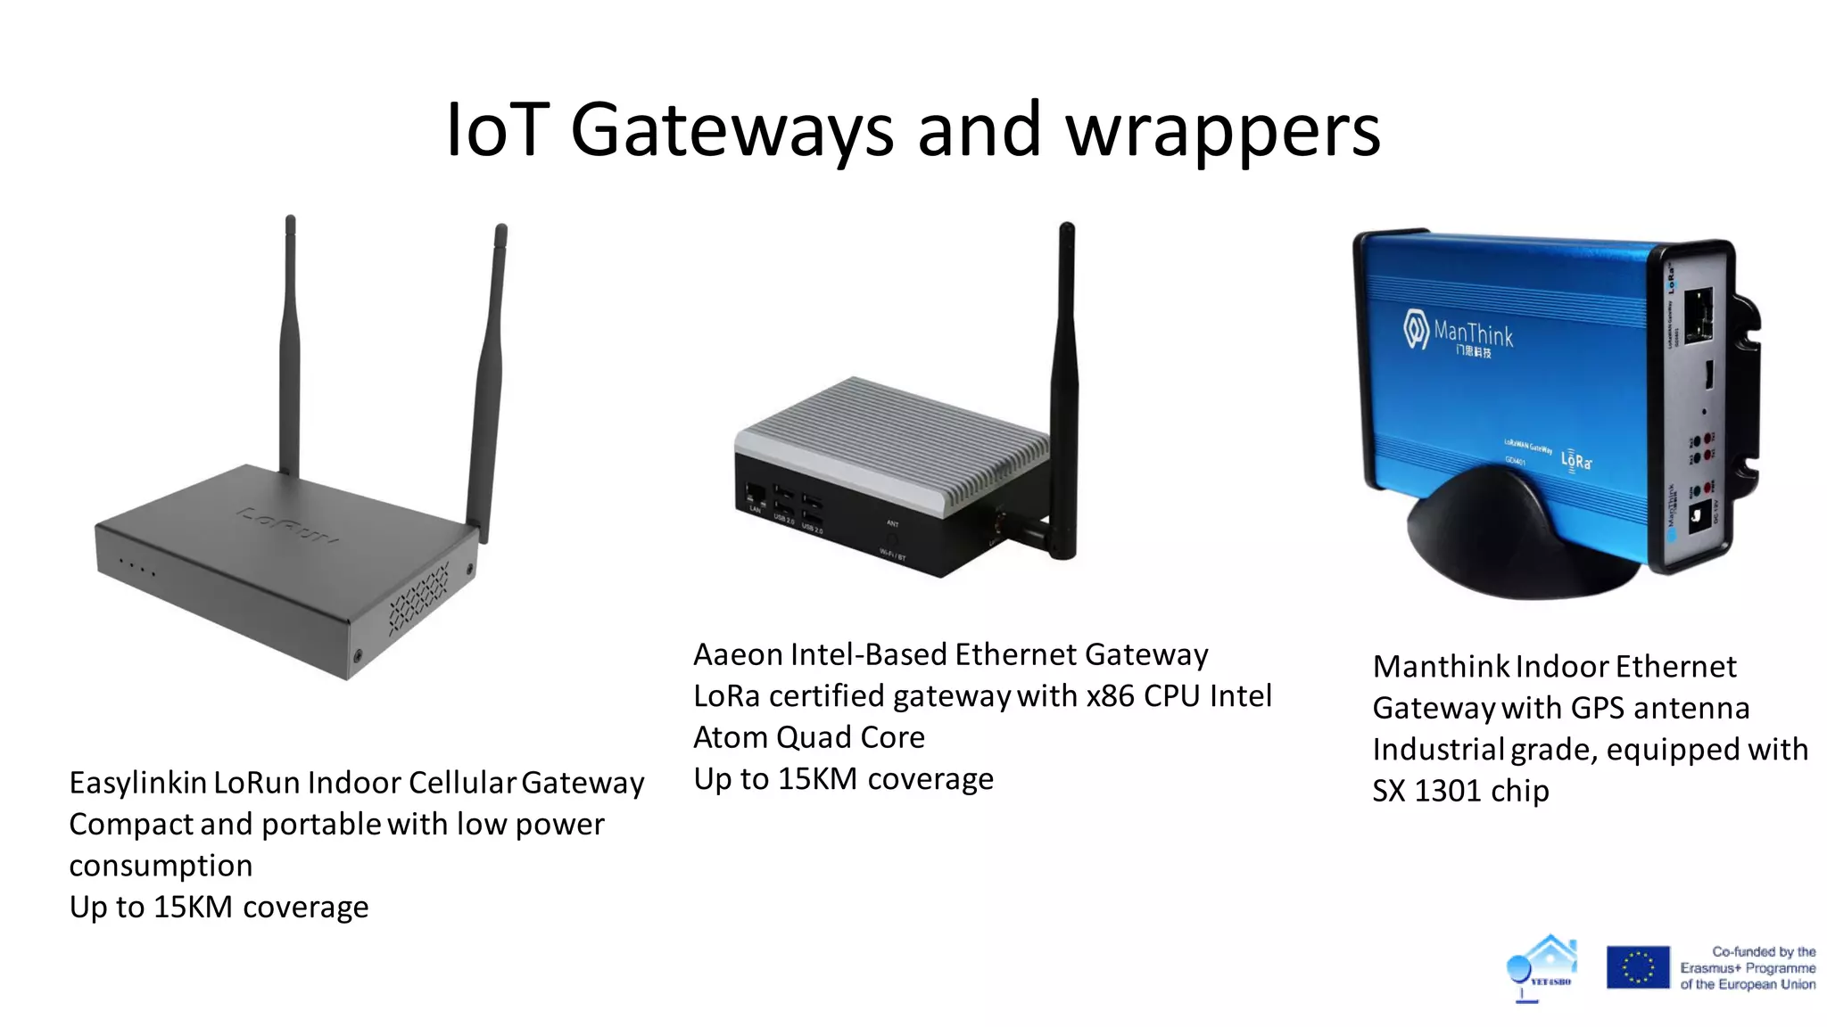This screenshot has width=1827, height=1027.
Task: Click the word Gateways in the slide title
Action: pos(731,131)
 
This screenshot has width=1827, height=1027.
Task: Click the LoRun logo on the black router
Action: pos(287,525)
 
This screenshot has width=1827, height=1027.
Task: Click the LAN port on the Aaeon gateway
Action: pos(755,494)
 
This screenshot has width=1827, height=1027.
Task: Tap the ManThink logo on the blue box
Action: pos(1459,335)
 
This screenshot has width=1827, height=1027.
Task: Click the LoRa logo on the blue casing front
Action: pos(1576,461)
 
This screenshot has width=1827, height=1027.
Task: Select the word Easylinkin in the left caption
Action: pos(138,783)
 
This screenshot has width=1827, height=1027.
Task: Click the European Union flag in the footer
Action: pos(1637,967)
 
